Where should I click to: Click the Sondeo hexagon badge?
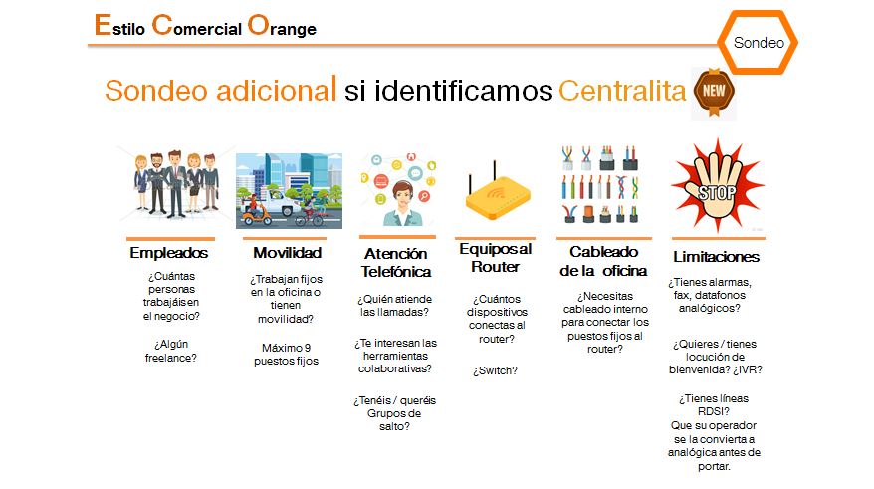[x=758, y=43]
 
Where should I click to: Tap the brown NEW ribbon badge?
[x=714, y=92]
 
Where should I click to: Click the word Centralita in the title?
[x=622, y=91]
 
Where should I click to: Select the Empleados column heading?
[x=169, y=253]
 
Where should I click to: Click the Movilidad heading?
[x=287, y=253]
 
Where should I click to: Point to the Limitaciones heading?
[x=717, y=257]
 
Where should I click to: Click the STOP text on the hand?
[x=717, y=193]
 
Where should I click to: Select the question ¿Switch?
[x=495, y=370]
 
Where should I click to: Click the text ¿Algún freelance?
[x=170, y=351]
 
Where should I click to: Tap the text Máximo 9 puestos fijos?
[x=286, y=355]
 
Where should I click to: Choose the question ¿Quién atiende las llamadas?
[x=394, y=306]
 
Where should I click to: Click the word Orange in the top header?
[x=282, y=26]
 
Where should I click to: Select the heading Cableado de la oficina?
[x=603, y=261]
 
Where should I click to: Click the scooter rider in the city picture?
[x=256, y=207]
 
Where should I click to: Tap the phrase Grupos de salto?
[x=394, y=420]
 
